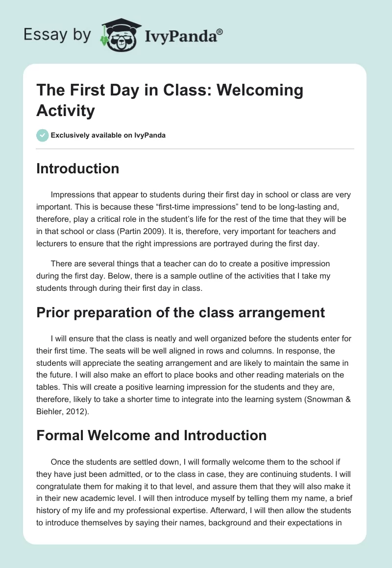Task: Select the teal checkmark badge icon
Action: pos(43,135)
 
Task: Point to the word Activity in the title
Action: pos(65,111)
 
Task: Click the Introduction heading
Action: pos(78,168)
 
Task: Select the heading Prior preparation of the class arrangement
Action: pos(181,312)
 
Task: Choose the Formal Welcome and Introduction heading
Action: pos(151,435)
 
